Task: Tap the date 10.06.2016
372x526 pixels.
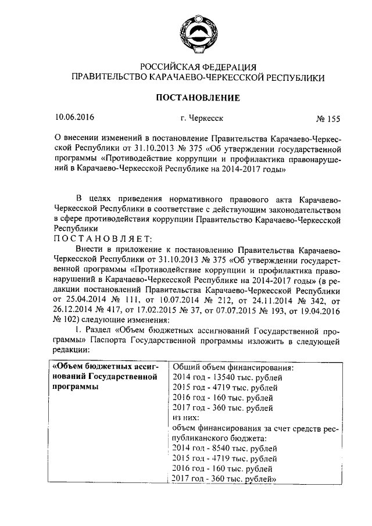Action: (x=73, y=117)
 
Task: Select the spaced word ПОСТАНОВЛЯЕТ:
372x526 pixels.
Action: (x=102, y=238)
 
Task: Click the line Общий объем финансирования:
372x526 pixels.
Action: (x=233, y=367)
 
